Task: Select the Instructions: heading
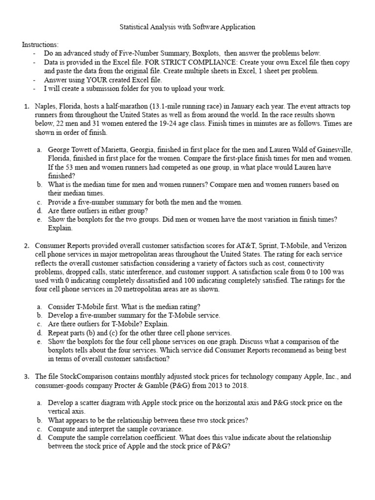[40, 44]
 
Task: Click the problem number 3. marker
[27, 377]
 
